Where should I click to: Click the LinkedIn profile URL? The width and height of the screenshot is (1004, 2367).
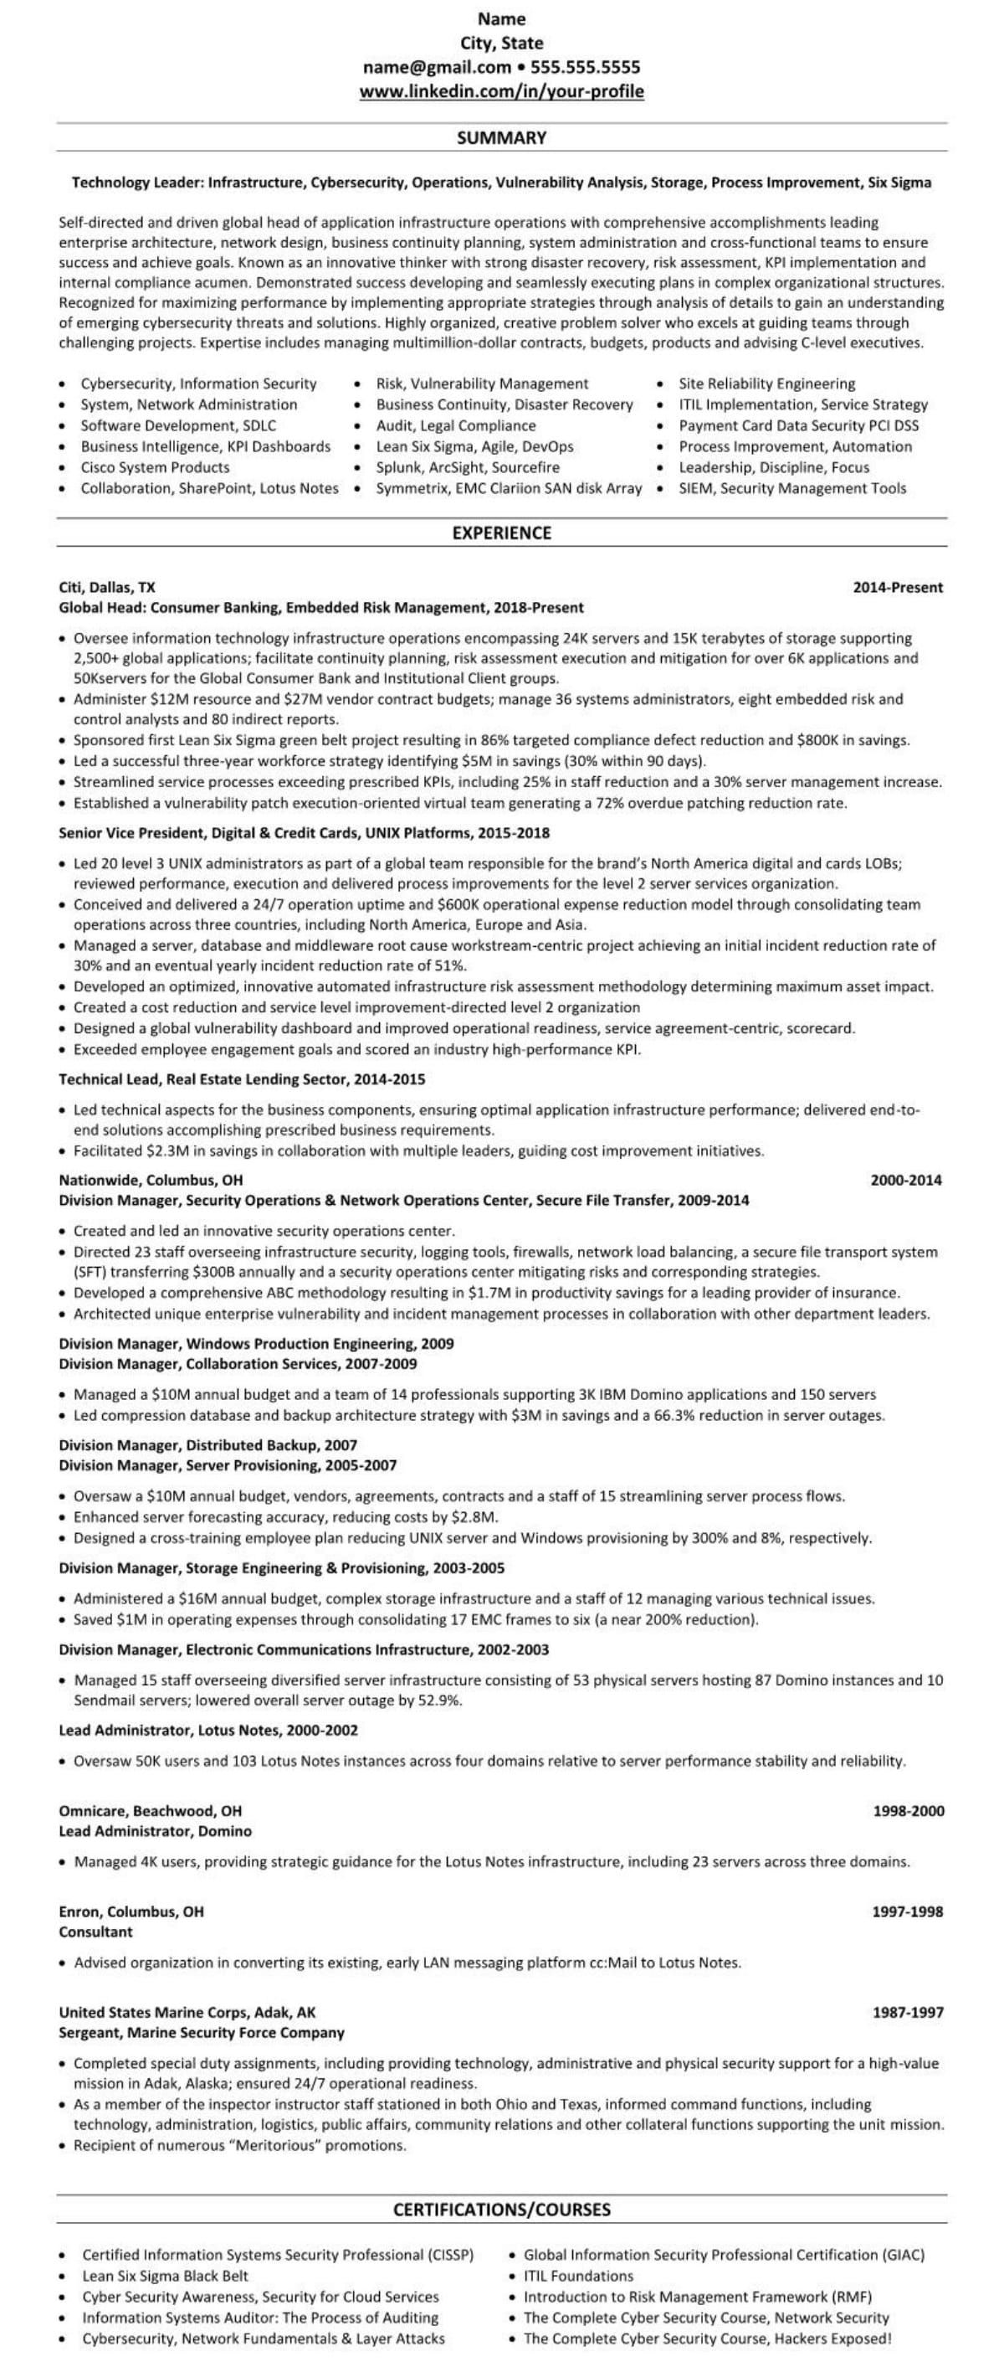click(501, 91)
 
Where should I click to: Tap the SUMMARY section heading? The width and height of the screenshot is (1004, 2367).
click(501, 138)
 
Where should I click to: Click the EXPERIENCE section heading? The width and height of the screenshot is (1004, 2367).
click(501, 533)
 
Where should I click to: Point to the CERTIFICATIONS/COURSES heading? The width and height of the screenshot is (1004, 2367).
click(501, 2210)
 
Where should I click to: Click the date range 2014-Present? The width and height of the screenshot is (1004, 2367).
click(898, 588)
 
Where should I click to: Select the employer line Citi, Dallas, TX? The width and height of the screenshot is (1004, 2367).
click(107, 587)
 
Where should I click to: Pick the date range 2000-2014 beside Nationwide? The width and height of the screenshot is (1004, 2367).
click(906, 1181)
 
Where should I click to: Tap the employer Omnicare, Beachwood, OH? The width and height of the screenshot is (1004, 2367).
click(151, 1811)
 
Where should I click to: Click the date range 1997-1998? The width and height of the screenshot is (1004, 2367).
click(908, 1912)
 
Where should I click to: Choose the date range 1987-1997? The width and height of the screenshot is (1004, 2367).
click(908, 2012)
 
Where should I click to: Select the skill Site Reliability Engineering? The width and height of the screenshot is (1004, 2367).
click(767, 384)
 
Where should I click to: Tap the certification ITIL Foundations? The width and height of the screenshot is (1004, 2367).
click(579, 2276)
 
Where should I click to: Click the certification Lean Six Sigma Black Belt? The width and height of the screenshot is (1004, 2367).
click(166, 2276)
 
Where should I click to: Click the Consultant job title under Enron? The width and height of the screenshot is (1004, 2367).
click(95, 1932)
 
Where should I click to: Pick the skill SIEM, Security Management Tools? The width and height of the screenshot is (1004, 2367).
click(791, 489)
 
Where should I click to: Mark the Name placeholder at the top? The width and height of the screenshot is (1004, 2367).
click(501, 19)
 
